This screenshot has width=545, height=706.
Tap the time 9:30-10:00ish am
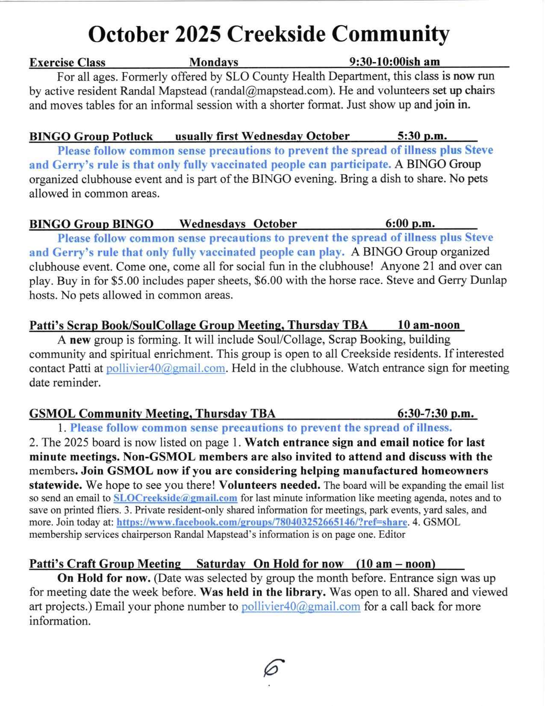[x=394, y=62]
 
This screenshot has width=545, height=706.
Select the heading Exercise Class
[x=67, y=62]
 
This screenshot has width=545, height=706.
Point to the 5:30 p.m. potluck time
[x=422, y=136]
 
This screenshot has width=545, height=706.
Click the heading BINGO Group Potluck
[x=91, y=136]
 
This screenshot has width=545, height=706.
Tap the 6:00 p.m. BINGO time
[x=410, y=223]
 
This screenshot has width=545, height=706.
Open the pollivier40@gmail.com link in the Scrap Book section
[x=165, y=368]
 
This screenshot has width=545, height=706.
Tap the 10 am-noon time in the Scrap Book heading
[x=428, y=325]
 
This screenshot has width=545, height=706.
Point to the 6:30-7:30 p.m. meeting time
[x=436, y=414]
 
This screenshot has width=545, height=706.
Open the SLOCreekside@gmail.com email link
[x=175, y=498]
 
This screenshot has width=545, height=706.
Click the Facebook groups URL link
[x=262, y=522]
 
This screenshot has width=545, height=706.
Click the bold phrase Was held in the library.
[x=263, y=593]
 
